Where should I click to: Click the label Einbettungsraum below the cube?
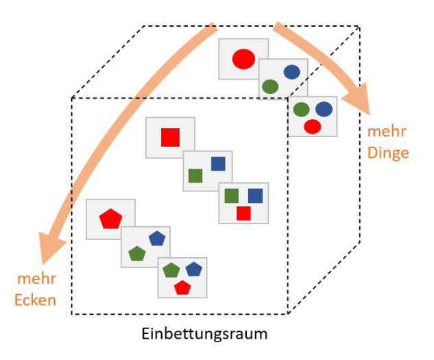[204, 335]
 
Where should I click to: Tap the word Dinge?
[388, 153]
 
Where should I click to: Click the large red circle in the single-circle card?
[243, 59]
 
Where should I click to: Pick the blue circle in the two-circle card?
[291, 71]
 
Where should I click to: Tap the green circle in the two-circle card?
[270, 87]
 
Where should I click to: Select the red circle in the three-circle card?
[313, 126]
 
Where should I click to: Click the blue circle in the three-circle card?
[324, 108]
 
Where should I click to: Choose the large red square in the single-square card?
[170, 138]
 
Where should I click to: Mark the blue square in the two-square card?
[218, 163]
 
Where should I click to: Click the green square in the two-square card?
[196, 176]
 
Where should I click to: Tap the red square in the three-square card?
[243, 213]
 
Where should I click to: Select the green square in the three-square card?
[232, 196]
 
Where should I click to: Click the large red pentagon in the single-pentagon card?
[110, 219]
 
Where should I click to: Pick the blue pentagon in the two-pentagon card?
[157, 238]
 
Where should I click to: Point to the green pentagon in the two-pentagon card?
[137, 253]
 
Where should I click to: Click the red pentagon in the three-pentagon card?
[182, 287]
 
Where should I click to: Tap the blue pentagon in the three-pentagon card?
[193, 269]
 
